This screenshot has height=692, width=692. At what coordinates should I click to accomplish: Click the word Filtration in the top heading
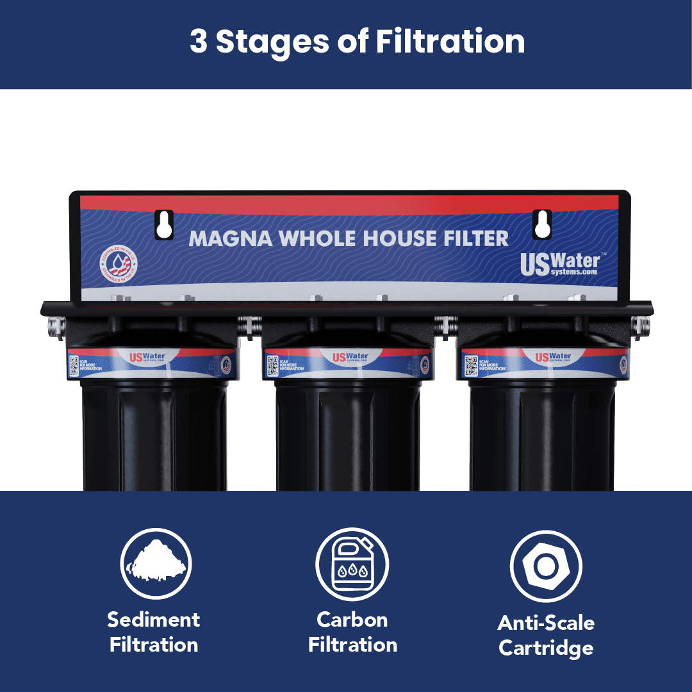coord(450,42)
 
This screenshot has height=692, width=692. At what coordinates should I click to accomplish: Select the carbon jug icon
coord(352,564)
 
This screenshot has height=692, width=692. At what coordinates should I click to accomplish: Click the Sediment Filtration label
coord(154,632)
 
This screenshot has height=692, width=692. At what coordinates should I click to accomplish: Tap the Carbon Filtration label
coord(352,632)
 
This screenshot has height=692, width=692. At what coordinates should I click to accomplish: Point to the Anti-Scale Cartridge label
coord(546,635)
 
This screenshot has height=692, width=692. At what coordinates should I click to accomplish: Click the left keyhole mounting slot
coord(164,224)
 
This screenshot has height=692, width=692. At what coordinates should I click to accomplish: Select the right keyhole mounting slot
coord(542,224)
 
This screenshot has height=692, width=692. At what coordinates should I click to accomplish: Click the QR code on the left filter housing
coord(74,366)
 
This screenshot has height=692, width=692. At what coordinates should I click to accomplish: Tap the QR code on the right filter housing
coord(470,366)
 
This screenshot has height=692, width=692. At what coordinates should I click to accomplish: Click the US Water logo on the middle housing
coord(349,357)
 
